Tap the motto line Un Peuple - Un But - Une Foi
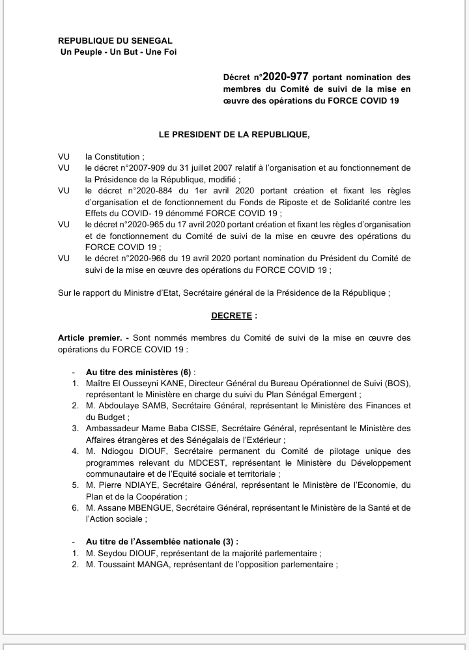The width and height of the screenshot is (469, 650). (117, 52)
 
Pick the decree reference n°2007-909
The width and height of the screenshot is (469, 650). (144, 167)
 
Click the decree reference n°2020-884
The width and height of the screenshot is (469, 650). (149, 190)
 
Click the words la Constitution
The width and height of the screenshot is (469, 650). (111, 157)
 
